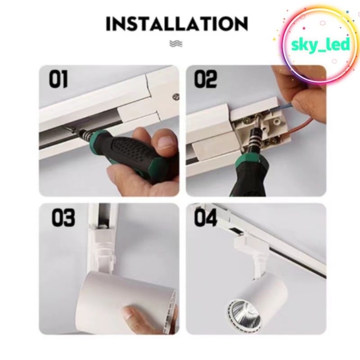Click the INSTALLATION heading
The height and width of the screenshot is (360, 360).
pyautogui.click(x=177, y=24)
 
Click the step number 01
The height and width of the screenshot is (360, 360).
pyautogui.click(x=58, y=79)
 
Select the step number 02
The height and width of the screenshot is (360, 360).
pyautogui.click(x=206, y=79)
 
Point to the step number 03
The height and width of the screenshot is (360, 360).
pyautogui.click(x=63, y=218)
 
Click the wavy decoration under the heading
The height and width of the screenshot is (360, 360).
pyautogui.click(x=176, y=43)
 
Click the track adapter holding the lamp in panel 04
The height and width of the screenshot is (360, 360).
pyautogui.click(x=252, y=252)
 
